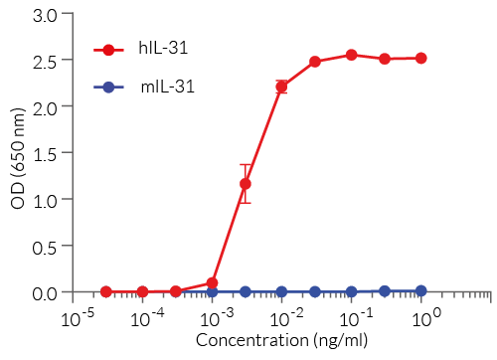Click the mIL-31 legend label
166,87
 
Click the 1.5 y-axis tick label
46,153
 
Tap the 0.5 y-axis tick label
46,247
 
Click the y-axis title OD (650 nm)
18,153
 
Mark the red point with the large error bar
246,184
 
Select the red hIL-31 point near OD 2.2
281,87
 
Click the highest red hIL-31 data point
351,55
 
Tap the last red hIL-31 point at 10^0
421,58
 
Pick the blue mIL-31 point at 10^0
421,290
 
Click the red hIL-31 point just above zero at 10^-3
212,283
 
